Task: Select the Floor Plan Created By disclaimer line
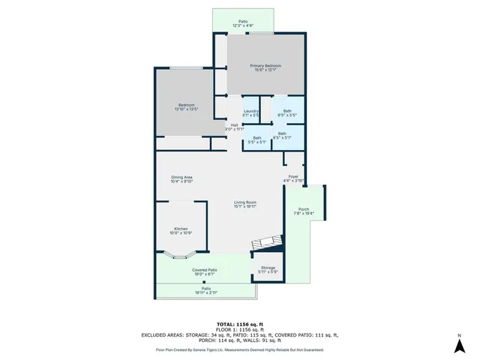[x=239, y=349]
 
